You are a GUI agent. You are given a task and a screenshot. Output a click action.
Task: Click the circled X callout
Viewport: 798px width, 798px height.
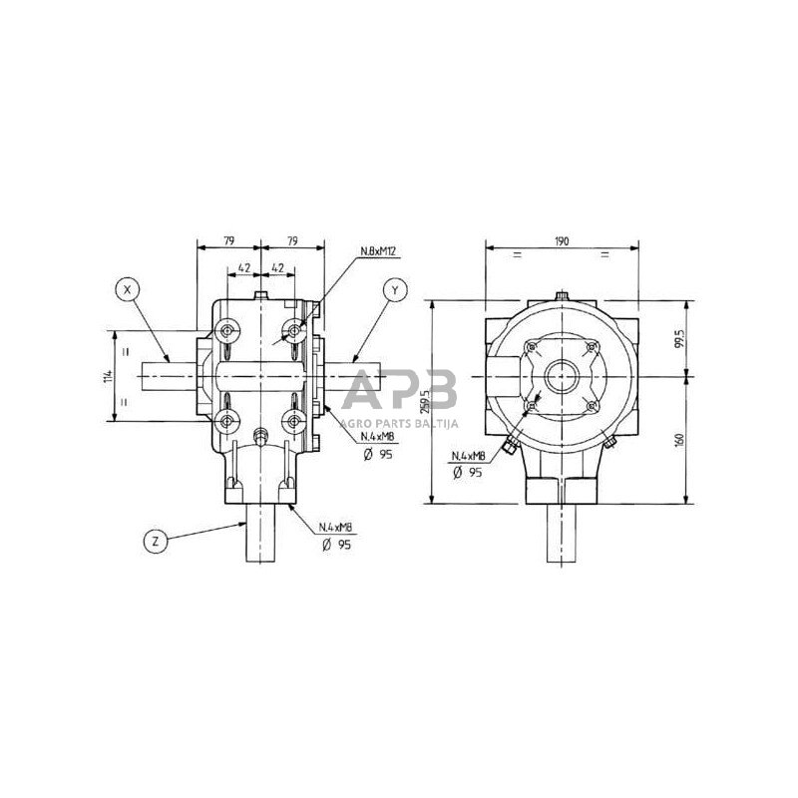(x=127, y=289)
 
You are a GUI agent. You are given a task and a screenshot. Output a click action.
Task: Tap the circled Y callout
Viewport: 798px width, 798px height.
(x=396, y=289)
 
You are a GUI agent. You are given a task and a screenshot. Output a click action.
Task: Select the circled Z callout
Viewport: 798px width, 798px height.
(x=155, y=542)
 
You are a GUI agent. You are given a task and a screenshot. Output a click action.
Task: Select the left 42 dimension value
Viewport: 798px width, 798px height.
(x=243, y=268)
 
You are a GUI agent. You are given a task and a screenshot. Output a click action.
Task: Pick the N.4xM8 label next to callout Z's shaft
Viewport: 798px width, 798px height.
(x=337, y=527)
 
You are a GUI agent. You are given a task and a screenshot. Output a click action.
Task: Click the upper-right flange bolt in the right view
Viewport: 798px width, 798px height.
(x=594, y=347)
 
